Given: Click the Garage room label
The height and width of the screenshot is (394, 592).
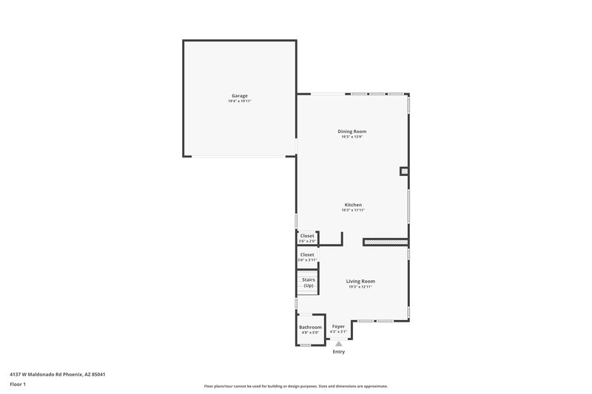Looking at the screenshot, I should click(x=239, y=95).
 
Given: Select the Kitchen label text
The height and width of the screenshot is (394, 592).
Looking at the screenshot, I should click(x=353, y=205).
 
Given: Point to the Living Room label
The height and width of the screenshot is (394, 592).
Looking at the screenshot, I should click(x=361, y=281).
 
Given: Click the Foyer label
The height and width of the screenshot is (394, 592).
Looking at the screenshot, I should click(x=338, y=326).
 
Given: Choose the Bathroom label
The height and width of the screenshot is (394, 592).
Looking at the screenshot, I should click(x=310, y=327).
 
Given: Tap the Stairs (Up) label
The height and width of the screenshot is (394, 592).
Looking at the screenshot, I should click(x=309, y=282).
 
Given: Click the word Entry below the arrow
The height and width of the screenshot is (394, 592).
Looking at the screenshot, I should click(x=338, y=352).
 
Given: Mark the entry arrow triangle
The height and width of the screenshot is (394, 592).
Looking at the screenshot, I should click(x=338, y=344).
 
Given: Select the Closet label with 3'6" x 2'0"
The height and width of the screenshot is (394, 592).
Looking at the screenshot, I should click(x=307, y=236).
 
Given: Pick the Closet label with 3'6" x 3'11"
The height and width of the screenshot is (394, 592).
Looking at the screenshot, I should click(x=307, y=254).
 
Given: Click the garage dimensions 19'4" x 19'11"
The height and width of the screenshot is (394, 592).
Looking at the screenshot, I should click(x=239, y=101).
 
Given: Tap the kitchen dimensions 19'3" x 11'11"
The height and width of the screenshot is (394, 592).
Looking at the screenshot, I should click(x=353, y=210).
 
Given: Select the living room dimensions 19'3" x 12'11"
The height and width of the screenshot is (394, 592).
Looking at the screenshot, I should click(x=361, y=287).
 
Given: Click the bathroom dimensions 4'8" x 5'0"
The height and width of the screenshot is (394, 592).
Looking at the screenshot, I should click(x=310, y=333).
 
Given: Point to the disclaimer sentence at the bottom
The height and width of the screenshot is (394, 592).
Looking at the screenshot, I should click(x=295, y=386).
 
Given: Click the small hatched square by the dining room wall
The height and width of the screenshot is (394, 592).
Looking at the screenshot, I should click(x=404, y=171).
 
